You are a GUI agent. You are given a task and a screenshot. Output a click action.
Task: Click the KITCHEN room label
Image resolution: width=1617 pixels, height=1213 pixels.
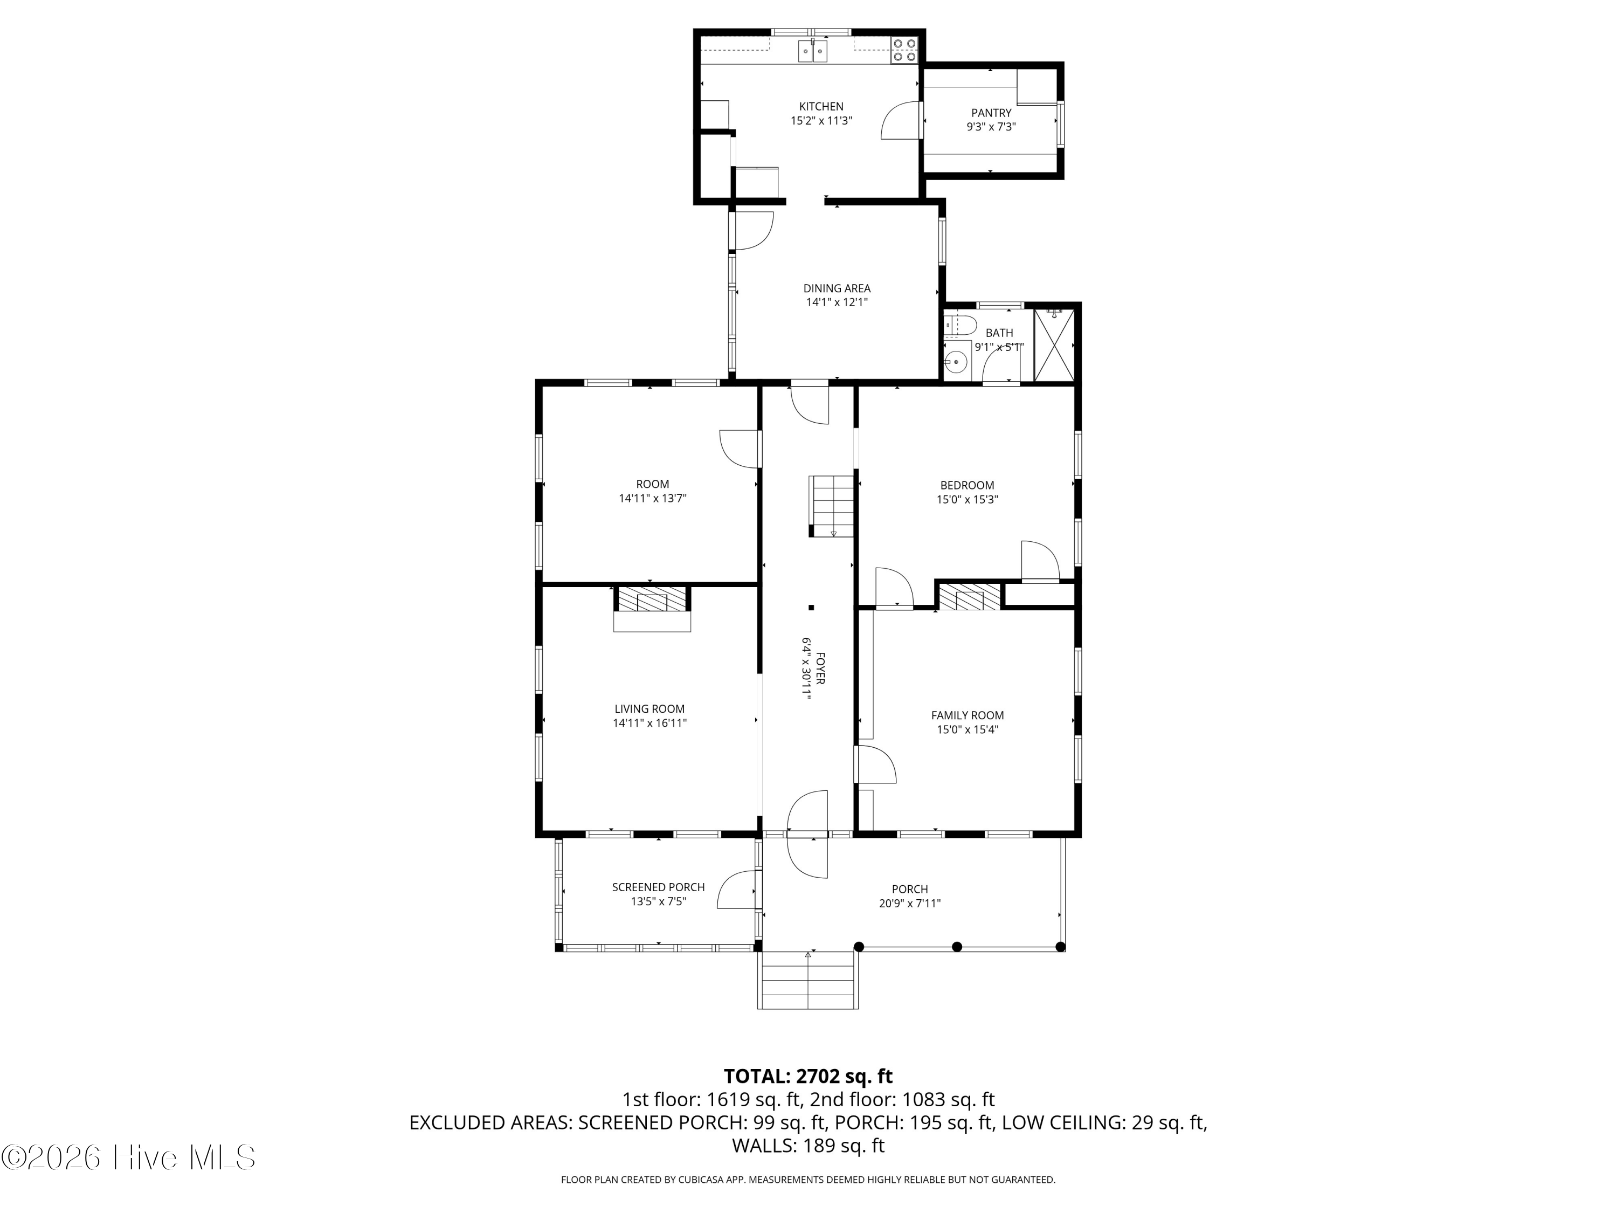pyautogui.click(x=821, y=107)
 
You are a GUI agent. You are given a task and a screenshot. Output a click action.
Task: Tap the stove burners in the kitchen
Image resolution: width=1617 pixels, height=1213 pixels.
pyautogui.click(x=904, y=49)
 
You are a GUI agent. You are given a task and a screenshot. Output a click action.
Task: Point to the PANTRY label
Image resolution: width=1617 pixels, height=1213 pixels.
pyautogui.click(x=991, y=113)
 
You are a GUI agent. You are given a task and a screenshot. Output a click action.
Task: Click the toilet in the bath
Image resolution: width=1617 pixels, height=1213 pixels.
pyautogui.click(x=960, y=324)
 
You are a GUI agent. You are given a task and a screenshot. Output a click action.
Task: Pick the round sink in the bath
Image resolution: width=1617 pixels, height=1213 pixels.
pyautogui.click(x=956, y=361)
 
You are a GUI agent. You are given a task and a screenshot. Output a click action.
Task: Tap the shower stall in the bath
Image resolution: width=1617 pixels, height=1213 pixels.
pyautogui.click(x=1054, y=345)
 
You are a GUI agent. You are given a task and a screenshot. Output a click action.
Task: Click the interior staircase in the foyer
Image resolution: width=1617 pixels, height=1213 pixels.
pyautogui.click(x=831, y=506)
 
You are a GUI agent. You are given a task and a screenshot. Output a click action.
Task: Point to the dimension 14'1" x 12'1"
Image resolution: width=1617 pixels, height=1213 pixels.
pyautogui.click(x=837, y=302)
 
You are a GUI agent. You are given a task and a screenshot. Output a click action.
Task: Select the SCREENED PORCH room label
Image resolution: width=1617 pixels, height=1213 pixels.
pyautogui.click(x=658, y=887)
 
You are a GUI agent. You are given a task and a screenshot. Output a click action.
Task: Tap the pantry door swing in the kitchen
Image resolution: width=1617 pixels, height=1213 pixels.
pyautogui.click(x=900, y=121)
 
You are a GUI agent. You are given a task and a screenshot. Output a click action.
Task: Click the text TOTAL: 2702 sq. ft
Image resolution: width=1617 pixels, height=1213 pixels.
pyautogui.click(x=808, y=1076)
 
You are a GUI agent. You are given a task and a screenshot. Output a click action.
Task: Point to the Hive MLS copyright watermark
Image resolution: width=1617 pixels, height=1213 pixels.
pyautogui.click(x=129, y=1157)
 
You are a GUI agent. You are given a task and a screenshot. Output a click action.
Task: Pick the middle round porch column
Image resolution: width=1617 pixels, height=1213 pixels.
pyautogui.click(x=957, y=947)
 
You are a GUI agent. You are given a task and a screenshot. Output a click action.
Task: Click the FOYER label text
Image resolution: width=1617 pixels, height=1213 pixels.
pyautogui.click(x=820, y=668)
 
